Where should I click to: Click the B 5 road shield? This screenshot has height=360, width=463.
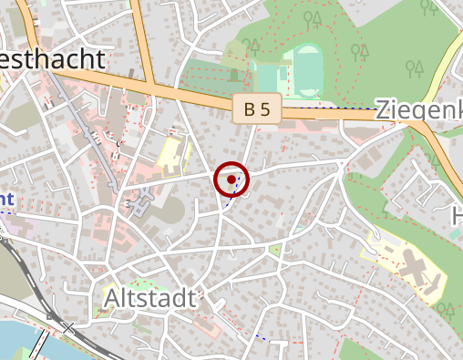tap(256, 110)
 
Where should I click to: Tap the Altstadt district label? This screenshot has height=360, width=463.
tap(149, 298)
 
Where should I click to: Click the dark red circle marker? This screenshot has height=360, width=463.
tap(231, 180)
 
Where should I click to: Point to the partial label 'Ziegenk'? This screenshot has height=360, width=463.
tap(418, 111)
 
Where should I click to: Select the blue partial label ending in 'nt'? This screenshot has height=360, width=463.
tap(6, 198)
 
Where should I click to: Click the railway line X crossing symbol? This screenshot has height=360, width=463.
tap(68, 327)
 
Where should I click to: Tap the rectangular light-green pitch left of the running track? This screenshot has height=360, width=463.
tap(267, 75)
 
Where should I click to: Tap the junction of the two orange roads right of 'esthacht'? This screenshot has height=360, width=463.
tap(147, 83)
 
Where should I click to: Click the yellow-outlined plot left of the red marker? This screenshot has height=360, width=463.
tap(171, 153)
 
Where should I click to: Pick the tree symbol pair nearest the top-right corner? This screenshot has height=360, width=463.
tap(427, 8)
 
